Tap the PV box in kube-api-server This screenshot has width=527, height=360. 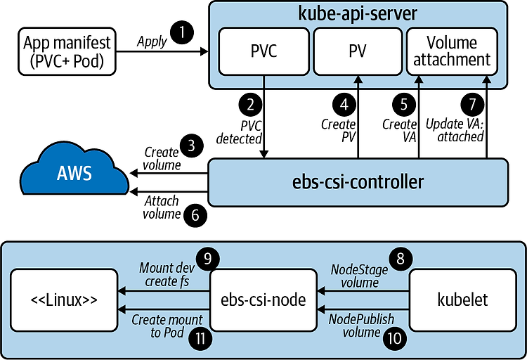[x=356, y=51]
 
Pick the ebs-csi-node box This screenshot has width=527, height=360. [x=263, y=300]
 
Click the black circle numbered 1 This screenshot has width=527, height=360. [x=183, y=32]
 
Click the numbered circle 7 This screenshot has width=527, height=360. [x=472, y=104]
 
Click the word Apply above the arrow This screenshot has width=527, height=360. [x=152, y=41]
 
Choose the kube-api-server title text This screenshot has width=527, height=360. [x=357, y=14]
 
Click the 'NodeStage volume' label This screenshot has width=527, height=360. [x=355, y=276]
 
